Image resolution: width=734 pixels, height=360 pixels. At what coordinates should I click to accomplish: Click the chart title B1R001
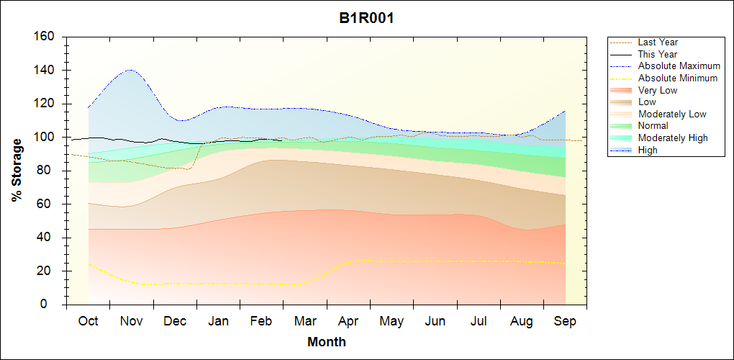pos(366,19)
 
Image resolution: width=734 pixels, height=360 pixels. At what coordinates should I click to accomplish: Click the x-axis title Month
pos(326,342)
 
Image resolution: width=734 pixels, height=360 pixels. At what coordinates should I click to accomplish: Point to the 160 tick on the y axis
pos(46,37)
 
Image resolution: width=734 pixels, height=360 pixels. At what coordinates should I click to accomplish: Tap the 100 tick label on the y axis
pos(46,137)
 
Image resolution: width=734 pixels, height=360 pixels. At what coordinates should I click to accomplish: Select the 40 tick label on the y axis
pos(49,238)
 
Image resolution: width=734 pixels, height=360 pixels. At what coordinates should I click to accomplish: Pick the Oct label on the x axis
pos(88,322)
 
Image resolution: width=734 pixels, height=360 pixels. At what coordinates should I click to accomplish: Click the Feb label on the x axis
pos(261,322)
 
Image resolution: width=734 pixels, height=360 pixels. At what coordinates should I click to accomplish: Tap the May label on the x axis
pos(391,322)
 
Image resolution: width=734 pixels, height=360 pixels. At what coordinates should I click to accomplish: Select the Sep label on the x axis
pos(565,322)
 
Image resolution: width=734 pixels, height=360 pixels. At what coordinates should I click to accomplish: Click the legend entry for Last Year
pos(658,42)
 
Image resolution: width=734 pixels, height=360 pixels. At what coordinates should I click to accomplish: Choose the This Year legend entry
pos(658,54)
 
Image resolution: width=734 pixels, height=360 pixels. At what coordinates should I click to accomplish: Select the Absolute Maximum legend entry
pos(679,66)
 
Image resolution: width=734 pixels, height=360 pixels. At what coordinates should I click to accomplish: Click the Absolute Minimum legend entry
pos(678,78)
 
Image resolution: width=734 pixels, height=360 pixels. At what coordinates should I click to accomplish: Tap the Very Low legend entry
pos(658,90)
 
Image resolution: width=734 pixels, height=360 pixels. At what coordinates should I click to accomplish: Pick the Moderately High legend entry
pos(673,138)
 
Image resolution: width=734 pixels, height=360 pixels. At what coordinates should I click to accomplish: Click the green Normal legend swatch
pos(622,126)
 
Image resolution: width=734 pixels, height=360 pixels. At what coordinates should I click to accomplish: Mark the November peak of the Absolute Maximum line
pos(130,70)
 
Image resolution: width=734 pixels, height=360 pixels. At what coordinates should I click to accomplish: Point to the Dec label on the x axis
pos(175,322)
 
